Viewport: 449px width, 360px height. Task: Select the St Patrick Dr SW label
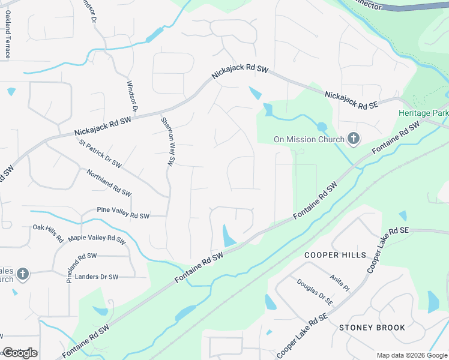click(100, 154)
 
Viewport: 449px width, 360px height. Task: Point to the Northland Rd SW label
click(109, 183)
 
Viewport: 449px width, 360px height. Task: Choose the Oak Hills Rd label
click(48, 233)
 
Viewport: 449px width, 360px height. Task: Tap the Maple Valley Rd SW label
click(97, 238)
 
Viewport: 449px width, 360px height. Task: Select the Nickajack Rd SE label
click(352, 100)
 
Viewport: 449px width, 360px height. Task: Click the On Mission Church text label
click(309, 140)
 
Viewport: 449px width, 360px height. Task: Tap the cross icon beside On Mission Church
click(354, 140)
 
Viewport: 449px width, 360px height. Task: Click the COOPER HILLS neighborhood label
click(335, 256)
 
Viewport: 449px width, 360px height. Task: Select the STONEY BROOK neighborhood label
click(372, 328)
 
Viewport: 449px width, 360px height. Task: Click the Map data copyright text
click(411, 355)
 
